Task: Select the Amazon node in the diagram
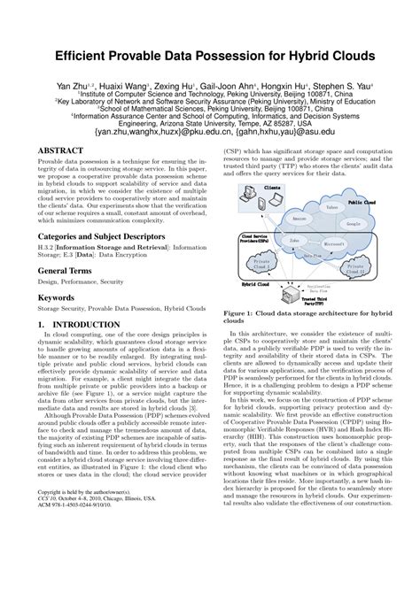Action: [299, 219]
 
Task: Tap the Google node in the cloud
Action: [352, 224]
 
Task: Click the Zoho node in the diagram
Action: [293, 241]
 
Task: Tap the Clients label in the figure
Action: [272, 189]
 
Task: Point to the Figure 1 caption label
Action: [245, 313]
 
